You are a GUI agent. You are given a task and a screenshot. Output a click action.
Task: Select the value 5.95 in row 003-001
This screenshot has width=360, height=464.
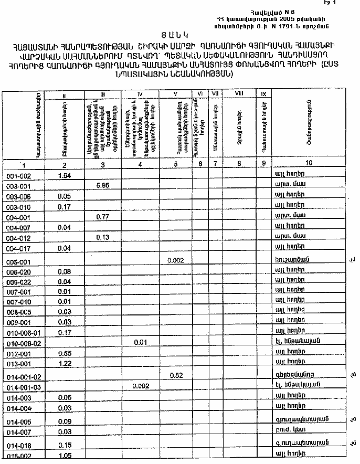(102, 185)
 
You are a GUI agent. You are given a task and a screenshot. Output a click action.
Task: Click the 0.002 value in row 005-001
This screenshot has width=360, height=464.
(175, 260)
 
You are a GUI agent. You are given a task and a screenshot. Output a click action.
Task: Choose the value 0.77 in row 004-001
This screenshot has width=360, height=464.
(102, 216)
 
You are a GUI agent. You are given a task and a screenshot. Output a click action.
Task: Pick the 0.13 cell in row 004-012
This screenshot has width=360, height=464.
(102, 237)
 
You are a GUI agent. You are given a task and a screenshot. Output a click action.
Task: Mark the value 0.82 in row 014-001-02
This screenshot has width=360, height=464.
(175, 375)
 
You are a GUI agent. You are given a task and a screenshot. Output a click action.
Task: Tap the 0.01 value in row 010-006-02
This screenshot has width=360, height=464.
(140, 342)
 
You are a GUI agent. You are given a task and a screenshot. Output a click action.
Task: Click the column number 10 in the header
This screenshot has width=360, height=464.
(309, 163)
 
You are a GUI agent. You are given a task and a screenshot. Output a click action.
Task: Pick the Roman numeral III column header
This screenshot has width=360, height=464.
(102, 95)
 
